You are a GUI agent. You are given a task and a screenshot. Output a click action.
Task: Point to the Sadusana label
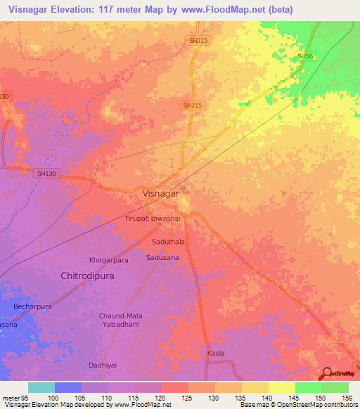(x=163, y=258)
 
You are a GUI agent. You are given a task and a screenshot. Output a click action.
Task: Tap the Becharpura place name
(x=32, y=307)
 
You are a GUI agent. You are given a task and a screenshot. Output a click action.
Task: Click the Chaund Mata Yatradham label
(x=120, y=320)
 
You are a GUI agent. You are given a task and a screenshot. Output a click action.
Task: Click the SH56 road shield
(x=304, y=56)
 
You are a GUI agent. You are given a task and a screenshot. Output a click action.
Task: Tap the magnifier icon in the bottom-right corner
(x=326, y=372)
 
